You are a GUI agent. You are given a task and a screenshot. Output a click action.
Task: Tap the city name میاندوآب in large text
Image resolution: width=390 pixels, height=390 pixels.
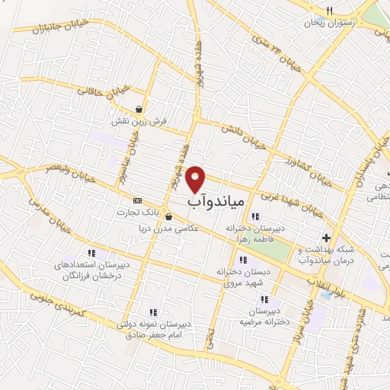[x=216, y=202]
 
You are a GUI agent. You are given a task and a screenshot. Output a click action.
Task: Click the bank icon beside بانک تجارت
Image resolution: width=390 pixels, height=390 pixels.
[x=136, y=200]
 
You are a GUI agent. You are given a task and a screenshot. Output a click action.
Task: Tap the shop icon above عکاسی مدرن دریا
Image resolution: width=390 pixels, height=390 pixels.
[x=168, y=216]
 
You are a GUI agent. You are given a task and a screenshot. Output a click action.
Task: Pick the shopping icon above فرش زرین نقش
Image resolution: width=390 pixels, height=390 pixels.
[x=137, y=109]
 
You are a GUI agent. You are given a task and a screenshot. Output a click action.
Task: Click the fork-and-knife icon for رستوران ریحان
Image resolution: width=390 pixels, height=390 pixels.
[x=329, y=11]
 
